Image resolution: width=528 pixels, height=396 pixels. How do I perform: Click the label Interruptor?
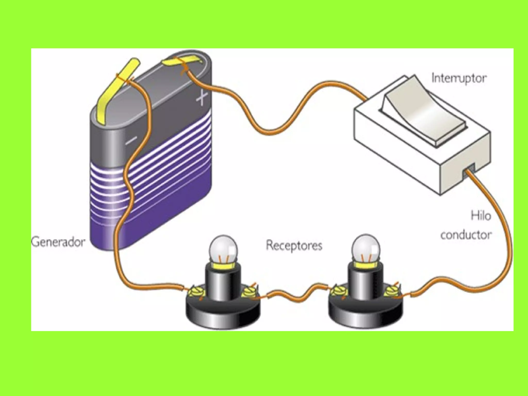pyautogui.click(x=459, y=78)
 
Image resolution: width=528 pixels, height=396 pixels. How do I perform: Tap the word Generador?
pyautogui.click(x=58, y=242)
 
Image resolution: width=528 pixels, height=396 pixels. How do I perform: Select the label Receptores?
pyautogui.click(x=294, y=245)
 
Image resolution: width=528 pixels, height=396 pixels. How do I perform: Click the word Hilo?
pyautogui.click(x=481, y=215)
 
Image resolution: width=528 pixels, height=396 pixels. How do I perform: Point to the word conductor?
pyautogui.click(x=466, y=235)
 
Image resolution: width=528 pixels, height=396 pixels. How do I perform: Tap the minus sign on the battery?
pyautogui.click(x=131, y=140)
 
